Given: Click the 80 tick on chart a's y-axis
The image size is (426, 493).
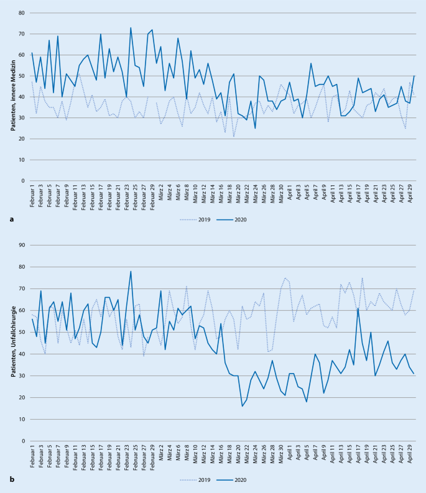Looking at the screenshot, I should pyautogui.click(x=22, y=13).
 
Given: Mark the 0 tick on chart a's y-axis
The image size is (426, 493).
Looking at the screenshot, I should pyautogui.click(x=24, y=181).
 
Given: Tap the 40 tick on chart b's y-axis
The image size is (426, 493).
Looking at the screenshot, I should pyautogui.click(x=22, y=354).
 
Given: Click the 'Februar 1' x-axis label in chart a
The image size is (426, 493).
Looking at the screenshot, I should pyautogui.click(x=32, y=198).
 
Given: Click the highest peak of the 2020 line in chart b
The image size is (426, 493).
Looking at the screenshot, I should pyautogui.click(x=131, y=271).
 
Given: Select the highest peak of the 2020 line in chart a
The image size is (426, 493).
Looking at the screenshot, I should pyautogui.click(x=131, y=28).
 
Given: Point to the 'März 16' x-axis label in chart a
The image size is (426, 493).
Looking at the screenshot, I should pyautogui.click(x=220, y=198).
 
